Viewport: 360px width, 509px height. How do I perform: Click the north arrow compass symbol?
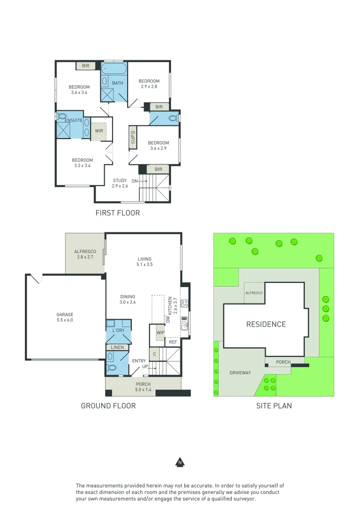(180, 462)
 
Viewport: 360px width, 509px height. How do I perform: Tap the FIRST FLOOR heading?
(117, 213)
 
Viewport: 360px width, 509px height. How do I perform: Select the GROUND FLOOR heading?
(108, 406)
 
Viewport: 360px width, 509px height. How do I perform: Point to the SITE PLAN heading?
(274, 406)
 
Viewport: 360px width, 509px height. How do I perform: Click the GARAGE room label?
(65, 314)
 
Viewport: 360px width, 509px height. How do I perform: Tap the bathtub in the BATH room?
(114, 68)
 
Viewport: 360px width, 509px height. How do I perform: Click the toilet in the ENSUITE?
(61, 116)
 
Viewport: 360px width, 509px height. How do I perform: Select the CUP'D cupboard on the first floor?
(133, 137)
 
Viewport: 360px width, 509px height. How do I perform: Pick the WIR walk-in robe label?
(98, 131)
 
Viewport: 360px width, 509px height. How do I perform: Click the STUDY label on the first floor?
(120, 181)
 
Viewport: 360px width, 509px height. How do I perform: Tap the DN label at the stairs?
(135, 181)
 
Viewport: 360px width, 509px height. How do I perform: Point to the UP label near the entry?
(145, 367)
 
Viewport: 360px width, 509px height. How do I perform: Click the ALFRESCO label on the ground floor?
(85, 252)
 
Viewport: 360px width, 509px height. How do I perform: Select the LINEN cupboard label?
(117, 347)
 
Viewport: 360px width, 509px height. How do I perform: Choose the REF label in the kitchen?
(173, 342)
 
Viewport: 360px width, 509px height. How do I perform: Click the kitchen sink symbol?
(184, 323)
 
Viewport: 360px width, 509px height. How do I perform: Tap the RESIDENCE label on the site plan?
(266, 324)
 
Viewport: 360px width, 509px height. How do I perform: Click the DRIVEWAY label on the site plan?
(240, 373)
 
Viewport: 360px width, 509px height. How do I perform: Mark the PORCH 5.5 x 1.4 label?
(143, 387)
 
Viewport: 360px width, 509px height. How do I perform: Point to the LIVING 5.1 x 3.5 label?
(145, 262)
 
